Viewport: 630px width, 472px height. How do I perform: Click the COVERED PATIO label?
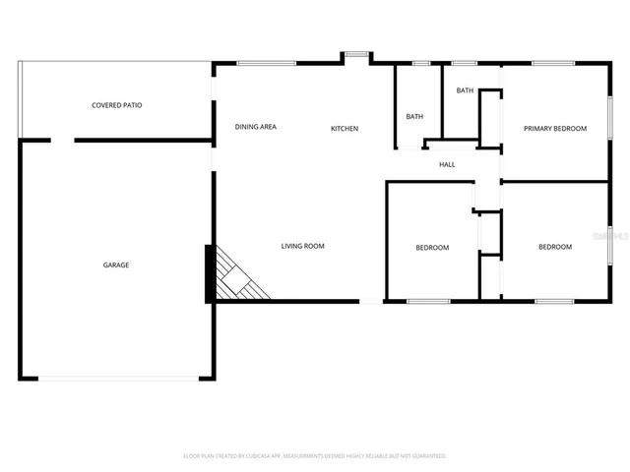(116, 105)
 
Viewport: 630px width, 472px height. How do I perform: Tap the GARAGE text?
(116, 265)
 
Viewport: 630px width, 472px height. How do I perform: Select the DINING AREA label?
(255, 127)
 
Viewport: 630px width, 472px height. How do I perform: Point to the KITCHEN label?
(345, 129)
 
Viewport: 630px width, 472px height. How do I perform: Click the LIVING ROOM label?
(302, 246)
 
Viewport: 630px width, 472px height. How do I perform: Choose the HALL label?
(447, 164)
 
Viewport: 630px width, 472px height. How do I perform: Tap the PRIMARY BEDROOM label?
(555, 129)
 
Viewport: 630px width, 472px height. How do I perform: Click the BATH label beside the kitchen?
(414, 117)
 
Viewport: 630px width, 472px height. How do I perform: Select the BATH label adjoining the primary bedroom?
(465, 90)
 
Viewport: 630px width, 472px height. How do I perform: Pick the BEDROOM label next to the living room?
(431, 248)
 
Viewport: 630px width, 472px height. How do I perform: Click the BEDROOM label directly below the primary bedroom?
(554, 247)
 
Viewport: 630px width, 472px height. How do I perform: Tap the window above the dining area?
(267, 64)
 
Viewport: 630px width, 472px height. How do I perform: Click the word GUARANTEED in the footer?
(426, 456)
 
